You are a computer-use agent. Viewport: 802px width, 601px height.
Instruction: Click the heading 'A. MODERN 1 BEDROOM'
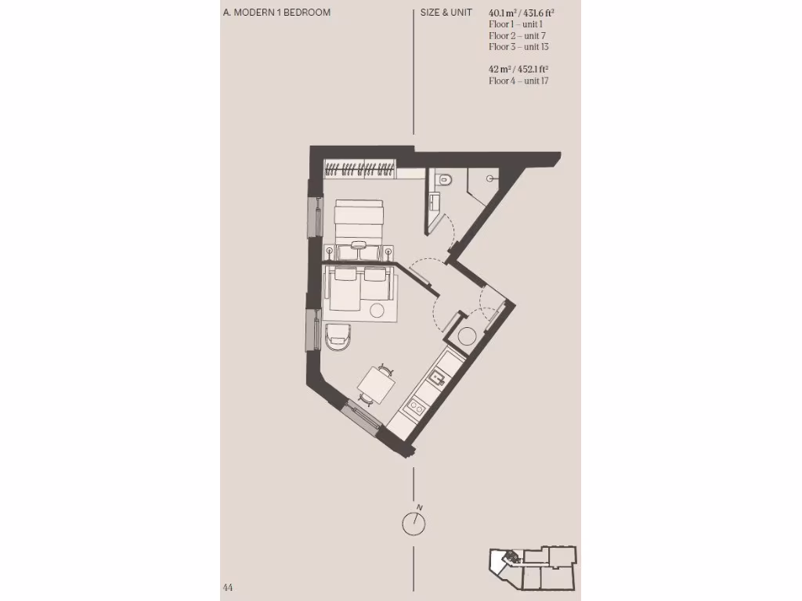[x=276, y=13]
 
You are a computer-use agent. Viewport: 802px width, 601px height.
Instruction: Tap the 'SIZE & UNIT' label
[x=446, y=13]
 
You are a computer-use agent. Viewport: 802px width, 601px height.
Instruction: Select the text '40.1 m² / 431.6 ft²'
[x=522, y=13]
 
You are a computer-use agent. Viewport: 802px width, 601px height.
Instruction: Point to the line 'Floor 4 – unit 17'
[x=518, y=81]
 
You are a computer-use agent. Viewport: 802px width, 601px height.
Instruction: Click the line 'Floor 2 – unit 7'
[x=517, y=35]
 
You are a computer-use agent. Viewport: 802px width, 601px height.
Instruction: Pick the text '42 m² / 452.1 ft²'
[x=518, y=69]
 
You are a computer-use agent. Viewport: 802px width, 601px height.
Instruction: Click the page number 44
[x=228, y=587]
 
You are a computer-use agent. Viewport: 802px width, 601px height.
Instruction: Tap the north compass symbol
[x=414, y=522]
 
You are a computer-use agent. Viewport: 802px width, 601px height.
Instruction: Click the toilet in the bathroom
[x=445, y=179]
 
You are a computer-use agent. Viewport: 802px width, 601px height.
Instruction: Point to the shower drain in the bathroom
[x=490, y=178]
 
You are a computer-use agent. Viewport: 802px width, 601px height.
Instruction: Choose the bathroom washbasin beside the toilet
[x=435, y=204]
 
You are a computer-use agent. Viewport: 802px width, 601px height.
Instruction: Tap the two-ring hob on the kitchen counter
[x=414, y=406]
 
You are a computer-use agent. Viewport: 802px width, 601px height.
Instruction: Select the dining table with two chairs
[x=374, y=384]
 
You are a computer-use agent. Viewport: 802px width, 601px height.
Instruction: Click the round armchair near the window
[x=338, y=335]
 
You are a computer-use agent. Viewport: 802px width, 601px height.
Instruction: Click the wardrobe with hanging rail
[x=360, y=167]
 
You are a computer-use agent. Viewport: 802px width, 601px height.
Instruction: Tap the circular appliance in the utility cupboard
[x=467, y=336]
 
